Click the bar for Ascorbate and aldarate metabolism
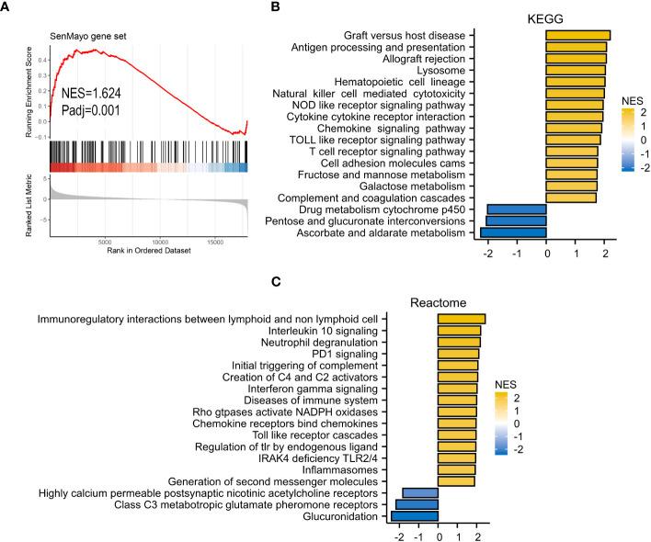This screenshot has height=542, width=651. (x=513, y=233)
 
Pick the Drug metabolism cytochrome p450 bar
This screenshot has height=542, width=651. (x=516, y=209)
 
